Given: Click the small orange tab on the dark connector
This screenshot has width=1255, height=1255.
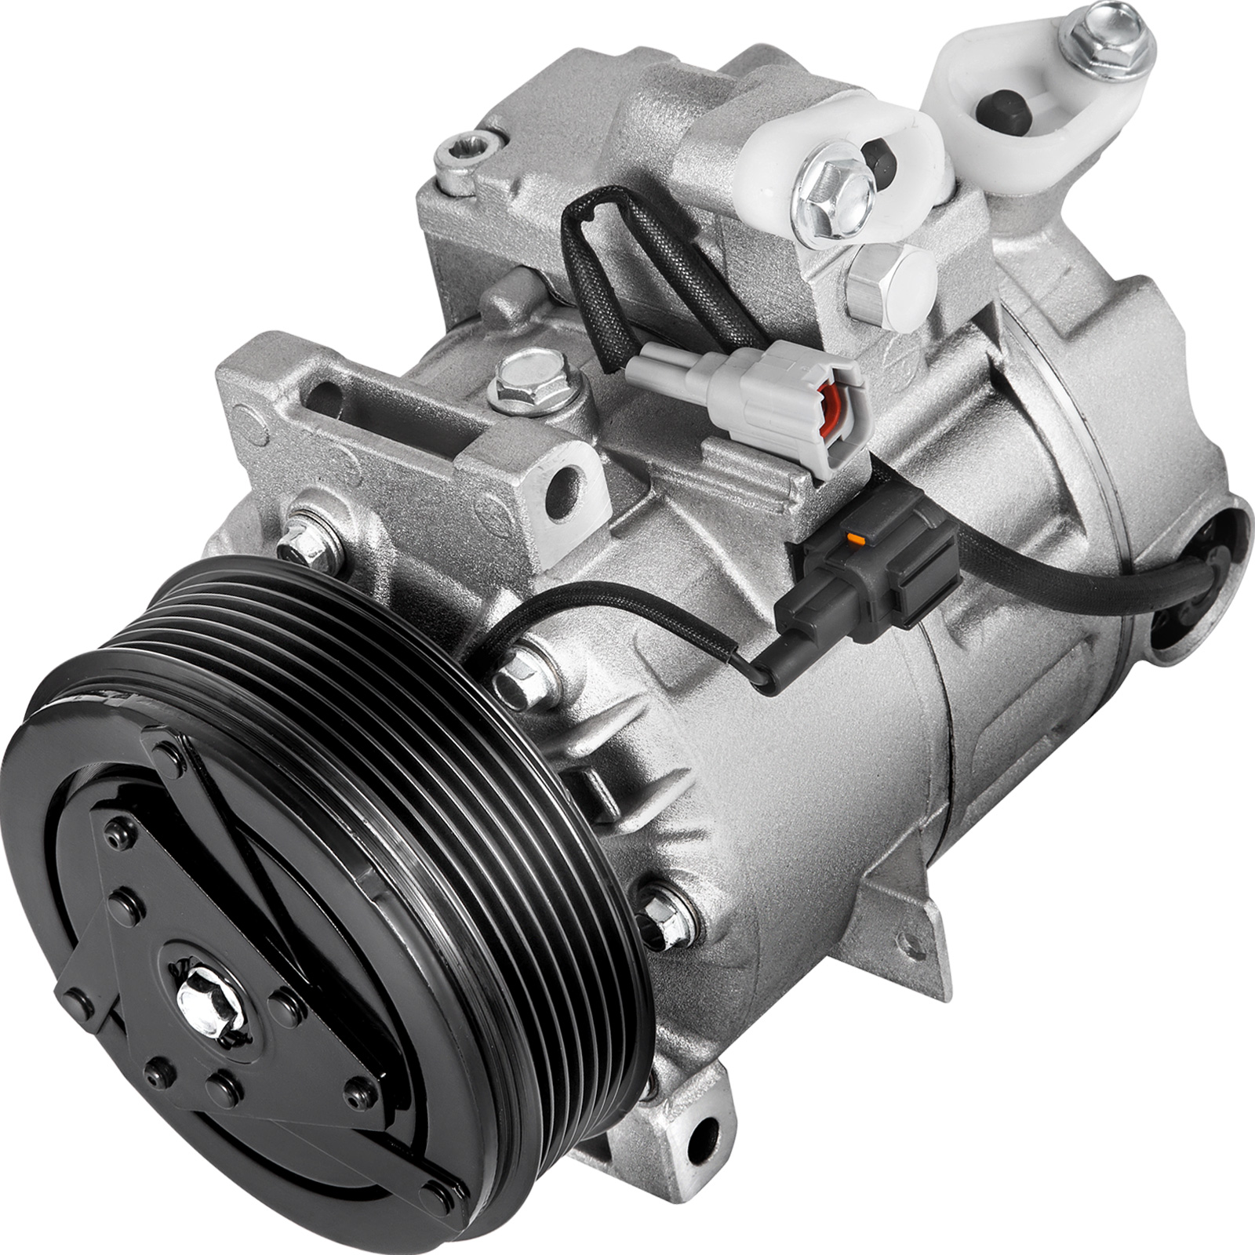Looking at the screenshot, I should [x=859, y=540].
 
